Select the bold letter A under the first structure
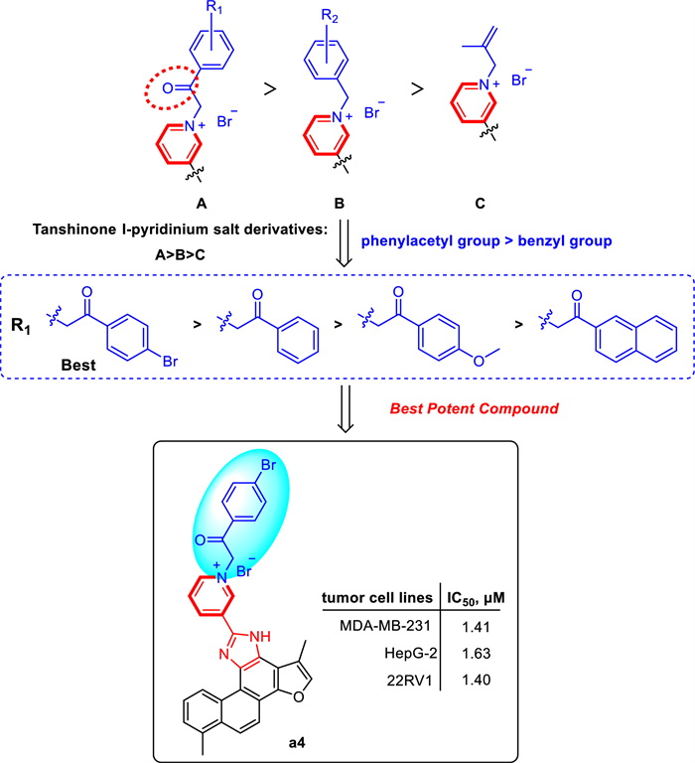click(x=201, y=202)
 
